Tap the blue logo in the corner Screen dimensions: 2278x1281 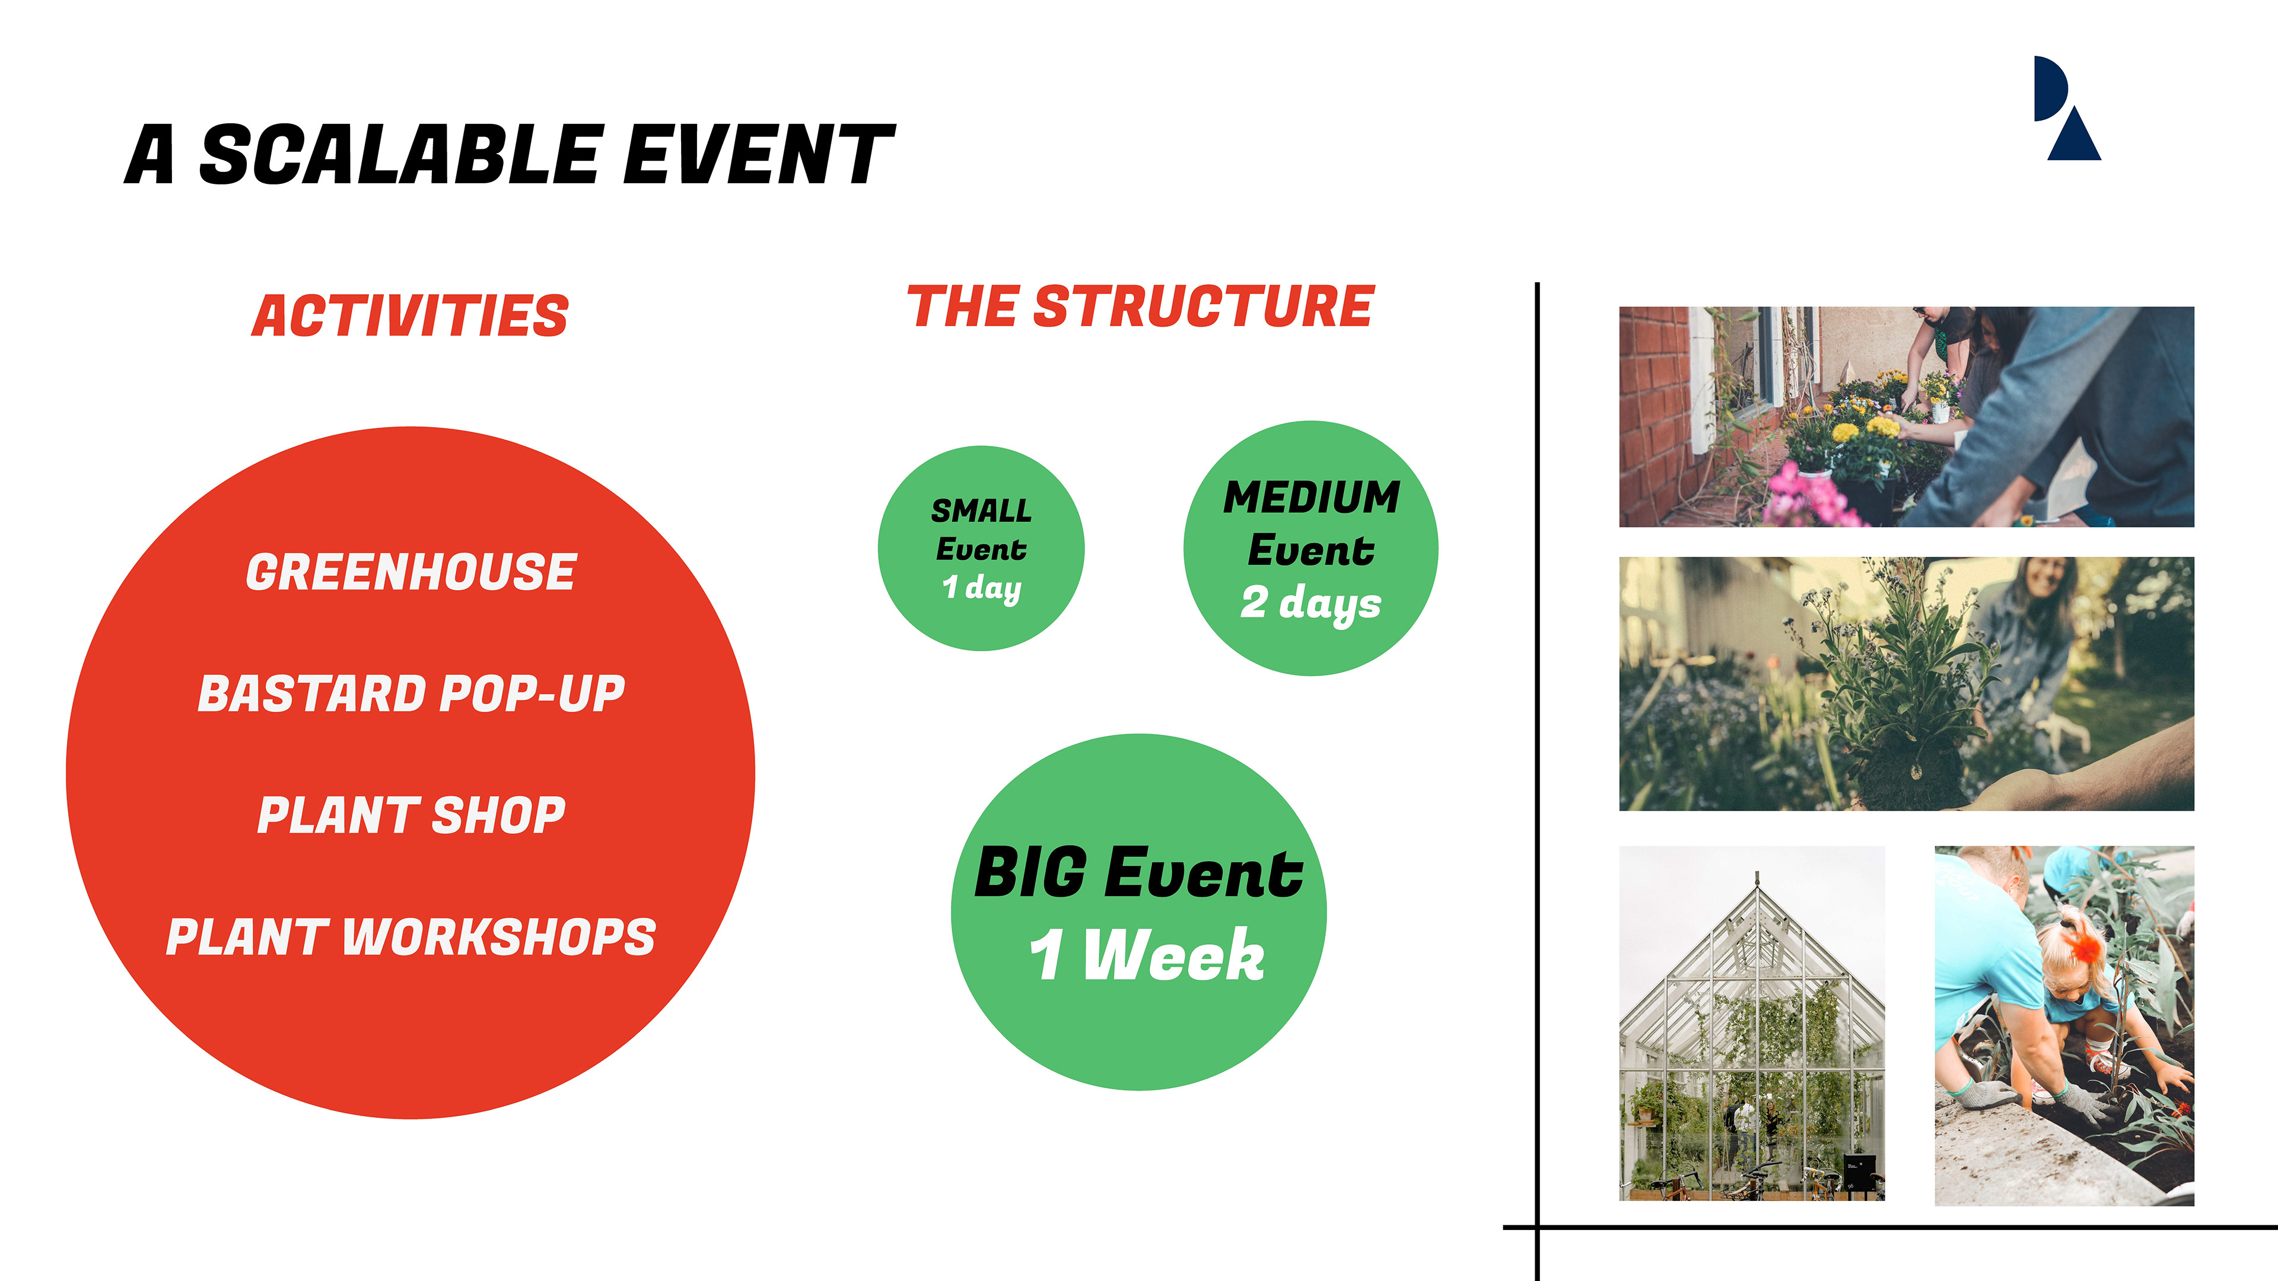click(2066, 108)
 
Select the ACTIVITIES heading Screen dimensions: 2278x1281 click(411, 316)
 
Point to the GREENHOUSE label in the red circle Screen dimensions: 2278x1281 click(411, 571)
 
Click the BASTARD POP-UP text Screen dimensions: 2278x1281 click(411, 693)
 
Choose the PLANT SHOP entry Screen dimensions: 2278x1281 click(411, 814)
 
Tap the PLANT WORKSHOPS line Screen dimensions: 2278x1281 click(411, 936)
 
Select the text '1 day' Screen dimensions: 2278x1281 click(982, 588)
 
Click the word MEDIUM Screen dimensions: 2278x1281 click(1312, 497)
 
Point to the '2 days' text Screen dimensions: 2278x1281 click(1310, 604)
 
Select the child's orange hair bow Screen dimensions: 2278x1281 click(2083, 944)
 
